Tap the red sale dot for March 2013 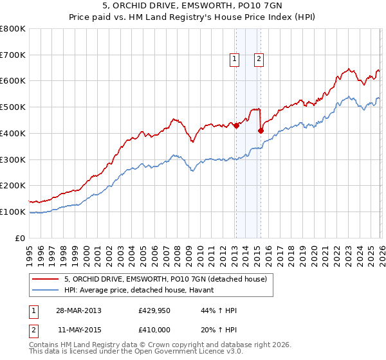[236, 125]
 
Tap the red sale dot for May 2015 [261, 130]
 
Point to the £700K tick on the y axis [13, 55]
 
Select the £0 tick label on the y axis [19, 238]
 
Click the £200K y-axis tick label [13, 185]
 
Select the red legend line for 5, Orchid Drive [46, 279]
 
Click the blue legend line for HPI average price [46, 290]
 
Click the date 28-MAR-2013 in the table [78, 310]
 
